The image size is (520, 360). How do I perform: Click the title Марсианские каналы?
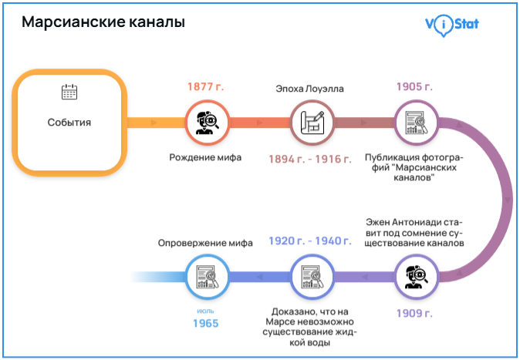(103, 22)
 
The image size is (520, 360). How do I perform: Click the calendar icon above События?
(69, 92)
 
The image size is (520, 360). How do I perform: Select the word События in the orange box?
(69, 122)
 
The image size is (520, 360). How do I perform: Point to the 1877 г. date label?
(205, 87)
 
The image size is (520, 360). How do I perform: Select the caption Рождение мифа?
(205, 157)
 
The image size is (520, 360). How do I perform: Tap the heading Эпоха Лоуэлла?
(309, 89)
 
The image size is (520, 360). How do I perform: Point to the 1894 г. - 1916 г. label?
(309, 158)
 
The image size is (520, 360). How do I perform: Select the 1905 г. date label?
(414, 87)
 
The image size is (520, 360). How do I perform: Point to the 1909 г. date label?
(414, 312)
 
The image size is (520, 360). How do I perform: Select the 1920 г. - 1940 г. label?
(309, 241)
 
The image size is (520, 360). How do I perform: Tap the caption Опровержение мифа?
(205, 242)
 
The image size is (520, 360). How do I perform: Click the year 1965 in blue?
(205, 323)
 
